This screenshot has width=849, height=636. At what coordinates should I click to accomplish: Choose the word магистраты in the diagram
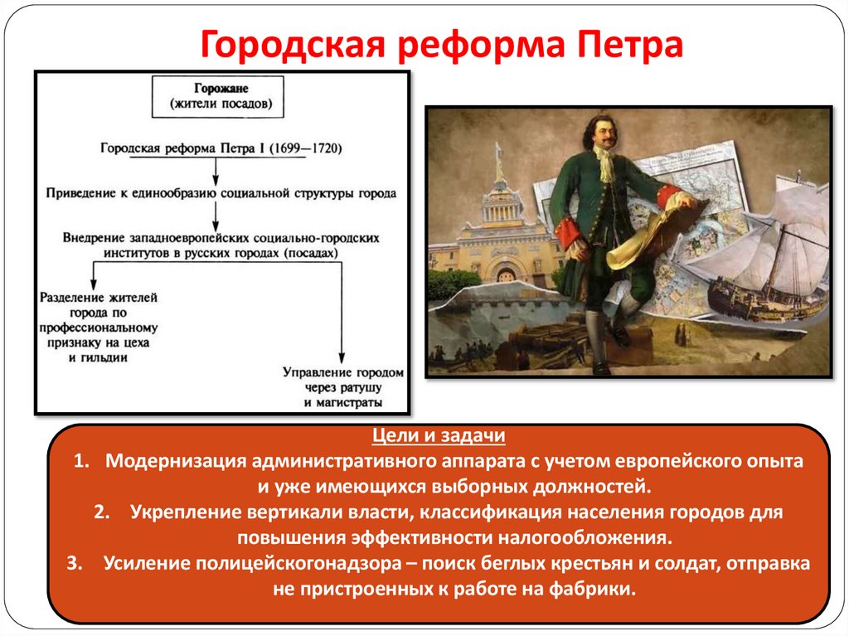[x=343, y=403]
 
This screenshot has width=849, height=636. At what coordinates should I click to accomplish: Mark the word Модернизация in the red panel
[x=176, y=461]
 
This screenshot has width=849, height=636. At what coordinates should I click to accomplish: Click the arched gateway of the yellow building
[x=504, y=272]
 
